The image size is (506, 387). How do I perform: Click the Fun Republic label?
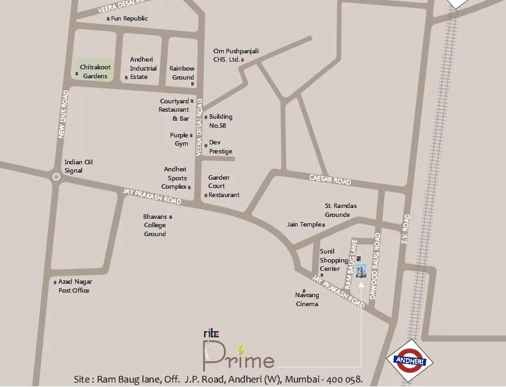click(x=130, y=19)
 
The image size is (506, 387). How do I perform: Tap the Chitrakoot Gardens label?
click(x=95, y=71)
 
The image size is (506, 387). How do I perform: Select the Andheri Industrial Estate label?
click(x=143, y=67)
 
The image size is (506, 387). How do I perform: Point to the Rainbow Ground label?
click(x=182, y=73)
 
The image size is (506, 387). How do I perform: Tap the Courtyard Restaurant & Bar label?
click(x=174, y=110)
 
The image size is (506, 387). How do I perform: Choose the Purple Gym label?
click(x=179, y=139)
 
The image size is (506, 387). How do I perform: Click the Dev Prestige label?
click(x=220, y=146)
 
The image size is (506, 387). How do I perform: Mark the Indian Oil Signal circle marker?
click(x=56, y=176)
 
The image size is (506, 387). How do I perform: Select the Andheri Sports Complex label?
click(x=174, y=178)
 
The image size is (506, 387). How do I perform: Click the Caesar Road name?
click(x=330, y=180)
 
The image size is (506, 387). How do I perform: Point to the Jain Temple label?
click(x=305, y=225)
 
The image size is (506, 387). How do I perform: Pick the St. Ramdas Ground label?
click(x=340, y=210)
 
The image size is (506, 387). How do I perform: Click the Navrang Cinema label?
click(x=307, y=299)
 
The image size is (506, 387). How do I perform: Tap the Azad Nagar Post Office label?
click(x=74, y=286)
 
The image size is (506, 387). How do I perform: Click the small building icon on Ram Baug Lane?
click(x=362, y=270)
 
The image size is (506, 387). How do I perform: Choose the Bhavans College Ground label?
click(x=155, y=225)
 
